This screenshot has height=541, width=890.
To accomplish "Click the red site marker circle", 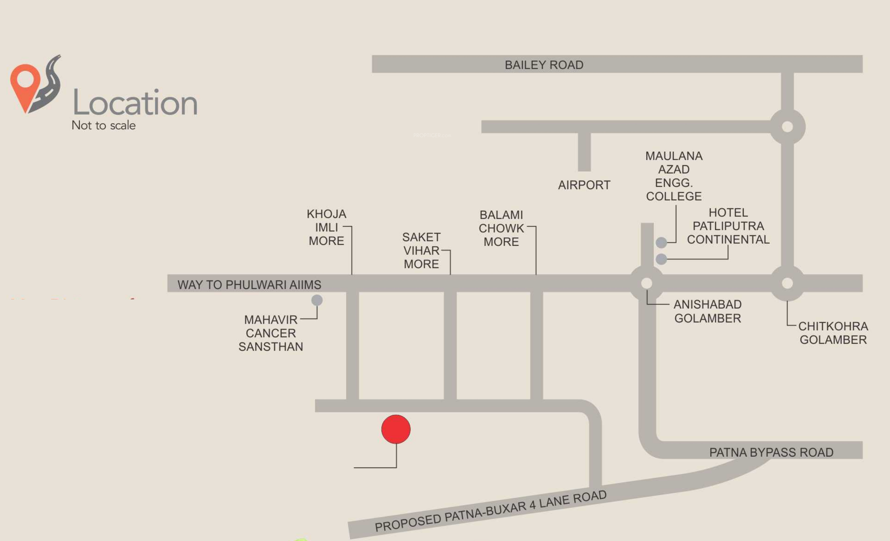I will [x=396, y=429].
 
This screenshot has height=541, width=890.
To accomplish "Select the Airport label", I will [x=584, y=185].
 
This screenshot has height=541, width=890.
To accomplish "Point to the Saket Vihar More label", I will [x=421, y=250].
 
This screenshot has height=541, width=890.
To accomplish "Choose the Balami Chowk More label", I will [x=501, y=228].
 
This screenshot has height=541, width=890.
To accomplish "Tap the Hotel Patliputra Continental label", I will [x=728, y=226].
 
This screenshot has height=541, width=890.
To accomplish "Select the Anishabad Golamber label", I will [x=708, y=311].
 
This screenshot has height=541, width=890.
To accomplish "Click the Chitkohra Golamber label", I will [x=833, y=333].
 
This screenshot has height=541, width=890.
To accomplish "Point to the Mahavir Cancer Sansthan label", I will [x=271, y=333].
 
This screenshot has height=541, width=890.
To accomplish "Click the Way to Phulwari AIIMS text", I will [x=249, y=285].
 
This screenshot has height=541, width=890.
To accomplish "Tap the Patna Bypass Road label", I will [x=771, y=452].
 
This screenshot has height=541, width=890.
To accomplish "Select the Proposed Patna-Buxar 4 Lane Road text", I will [x=491, y=511].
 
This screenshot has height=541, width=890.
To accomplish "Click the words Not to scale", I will [x=104, y=125].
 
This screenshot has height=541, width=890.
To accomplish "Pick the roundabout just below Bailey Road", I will [x=787, y=127].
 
